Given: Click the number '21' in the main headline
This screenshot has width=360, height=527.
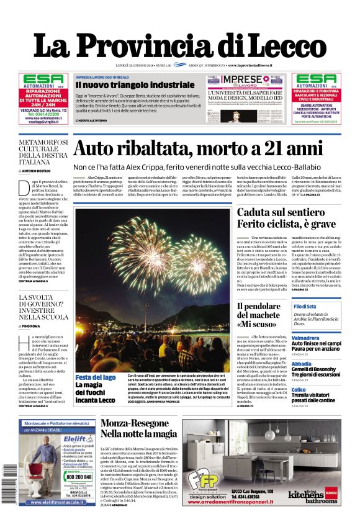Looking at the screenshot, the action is point(268,150).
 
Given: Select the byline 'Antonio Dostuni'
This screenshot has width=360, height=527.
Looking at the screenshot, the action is point(41,169).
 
